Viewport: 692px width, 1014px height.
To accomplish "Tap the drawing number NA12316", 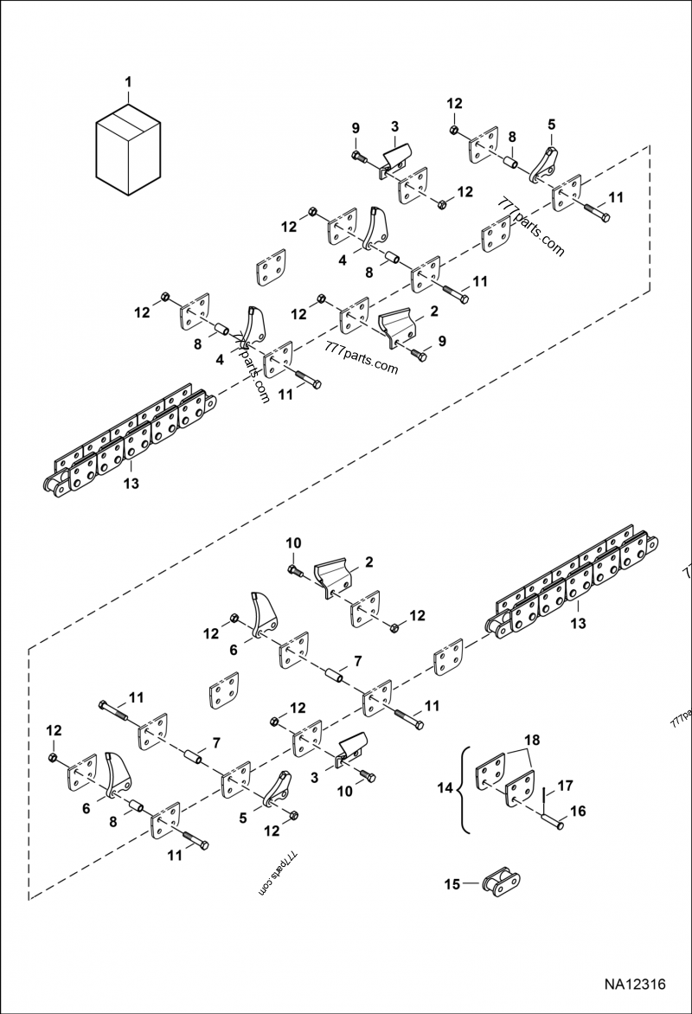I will pyautogui.click(x=635, y=985).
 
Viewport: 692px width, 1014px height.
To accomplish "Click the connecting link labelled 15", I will pyautogui.click(x=501, y=885).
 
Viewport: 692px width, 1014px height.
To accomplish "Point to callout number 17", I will pyautogui.click(x=565, y=786).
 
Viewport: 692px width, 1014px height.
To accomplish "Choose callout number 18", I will pyautogui.click(x=533, y=741).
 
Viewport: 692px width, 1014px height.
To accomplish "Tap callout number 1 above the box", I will pyautogui.click(x=128, y=83).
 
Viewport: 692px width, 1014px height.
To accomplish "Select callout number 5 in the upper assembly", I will pyautogui.click(x=551, y=124).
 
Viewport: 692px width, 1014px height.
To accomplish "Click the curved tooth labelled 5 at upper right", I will pyautogui.click(x=543, y=165).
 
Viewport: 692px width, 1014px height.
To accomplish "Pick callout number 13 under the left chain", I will pyautogui.click(x=131, y=483).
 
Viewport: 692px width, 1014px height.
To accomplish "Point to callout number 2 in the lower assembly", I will pyautogui.click(x=368, y=562).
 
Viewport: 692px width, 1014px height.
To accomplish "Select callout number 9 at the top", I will pyautogui.click(x=356, y=129).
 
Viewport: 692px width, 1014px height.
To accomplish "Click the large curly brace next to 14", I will pyautogui.click(x=465, y=788).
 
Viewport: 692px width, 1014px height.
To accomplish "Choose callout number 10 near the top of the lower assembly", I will pyautogui.click(x=293, y=542).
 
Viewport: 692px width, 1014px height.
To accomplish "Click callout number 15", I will pyautogui.click(x=451, y=883).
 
